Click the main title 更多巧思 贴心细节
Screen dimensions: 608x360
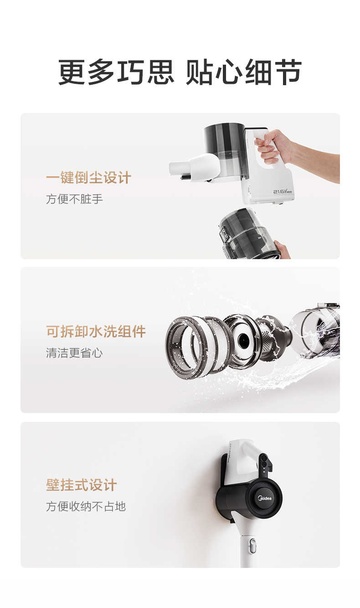click(x=180, y=72)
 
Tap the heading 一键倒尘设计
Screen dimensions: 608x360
click(x=88, y=178)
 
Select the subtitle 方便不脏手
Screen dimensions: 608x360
click(x=74, y=199)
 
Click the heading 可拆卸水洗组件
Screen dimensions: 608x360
click(x=96, y=332)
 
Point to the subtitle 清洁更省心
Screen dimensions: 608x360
click(x=74, y=353)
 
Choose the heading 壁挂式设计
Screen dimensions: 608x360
click(x=81, y=485)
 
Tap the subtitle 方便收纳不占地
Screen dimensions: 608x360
click(x=86, y=506)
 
